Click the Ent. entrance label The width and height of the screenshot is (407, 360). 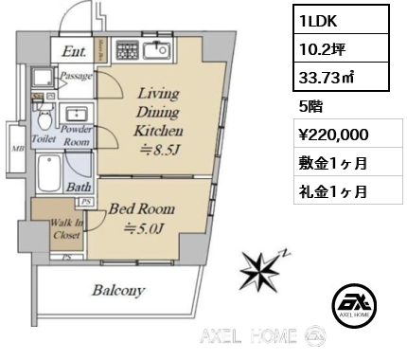coord(76,52)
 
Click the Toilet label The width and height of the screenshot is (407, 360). coord(44,136)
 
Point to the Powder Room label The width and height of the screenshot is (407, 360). coord(76,136)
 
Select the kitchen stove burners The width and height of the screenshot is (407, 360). coord(127,49)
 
